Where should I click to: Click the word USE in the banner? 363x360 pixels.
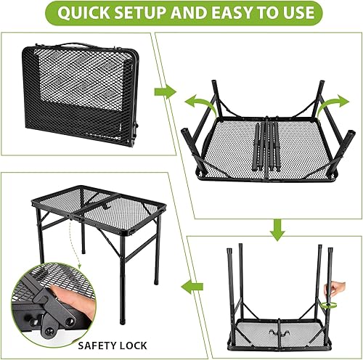[297, 12]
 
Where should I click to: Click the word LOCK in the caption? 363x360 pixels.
[134, 345]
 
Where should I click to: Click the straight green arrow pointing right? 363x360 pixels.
[166, 92]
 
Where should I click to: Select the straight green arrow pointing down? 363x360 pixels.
[277, 230]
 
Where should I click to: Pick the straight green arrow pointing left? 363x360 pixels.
[192, 287]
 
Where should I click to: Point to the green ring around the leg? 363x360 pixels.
[328, 306]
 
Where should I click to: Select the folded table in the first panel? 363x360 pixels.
[81, 94]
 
